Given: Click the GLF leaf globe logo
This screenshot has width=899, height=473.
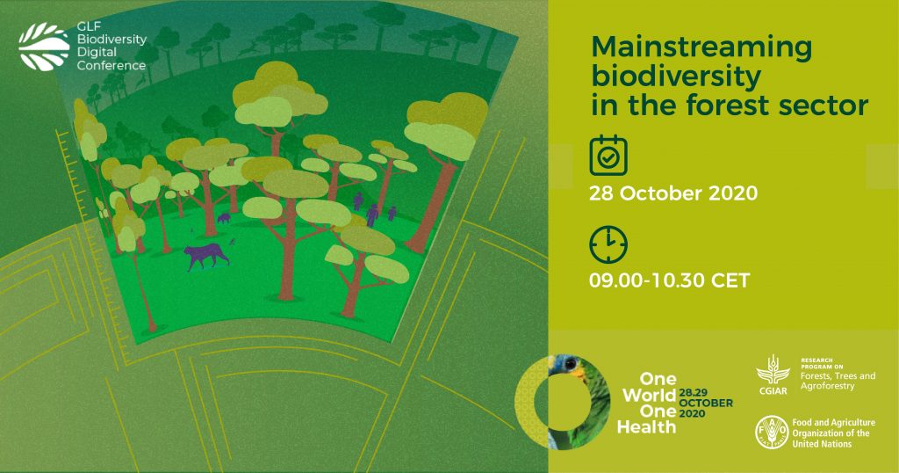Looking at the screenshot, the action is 44,47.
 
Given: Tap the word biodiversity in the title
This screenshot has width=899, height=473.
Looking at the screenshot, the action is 676,76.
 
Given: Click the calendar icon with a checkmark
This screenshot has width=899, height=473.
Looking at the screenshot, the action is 608,155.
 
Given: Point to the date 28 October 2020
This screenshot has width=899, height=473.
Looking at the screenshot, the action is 673,193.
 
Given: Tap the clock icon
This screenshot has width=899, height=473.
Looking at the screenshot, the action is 608,244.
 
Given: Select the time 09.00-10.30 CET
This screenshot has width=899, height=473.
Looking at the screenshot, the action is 669,280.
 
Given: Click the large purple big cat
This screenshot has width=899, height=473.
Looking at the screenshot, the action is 205,256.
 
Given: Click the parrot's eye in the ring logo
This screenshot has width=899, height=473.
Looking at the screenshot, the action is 569,364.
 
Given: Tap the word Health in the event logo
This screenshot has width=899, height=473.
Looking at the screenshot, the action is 647,427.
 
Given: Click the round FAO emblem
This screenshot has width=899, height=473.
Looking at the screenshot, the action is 772,432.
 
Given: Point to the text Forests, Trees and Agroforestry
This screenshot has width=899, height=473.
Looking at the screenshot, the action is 838,382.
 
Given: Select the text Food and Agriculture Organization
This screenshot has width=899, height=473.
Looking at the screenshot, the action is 834,427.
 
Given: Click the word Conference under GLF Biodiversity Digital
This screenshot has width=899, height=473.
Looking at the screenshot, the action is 111,65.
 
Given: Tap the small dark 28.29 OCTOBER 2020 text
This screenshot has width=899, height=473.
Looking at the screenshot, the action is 706,403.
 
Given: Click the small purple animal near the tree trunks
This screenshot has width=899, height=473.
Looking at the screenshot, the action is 224,218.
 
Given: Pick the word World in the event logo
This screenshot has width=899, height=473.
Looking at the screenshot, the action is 649,396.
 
